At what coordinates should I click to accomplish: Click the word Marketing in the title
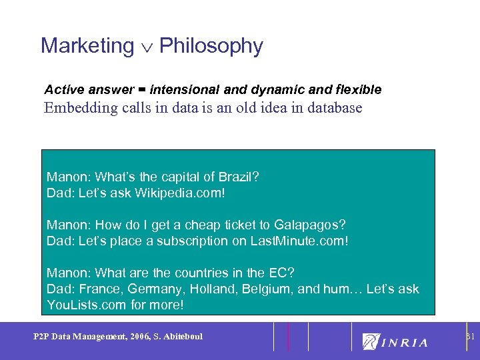coord(87,46)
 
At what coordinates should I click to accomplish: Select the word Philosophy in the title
coord(211,46)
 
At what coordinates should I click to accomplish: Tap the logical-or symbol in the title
coord(147,47)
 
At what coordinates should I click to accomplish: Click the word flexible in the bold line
coord(360,89)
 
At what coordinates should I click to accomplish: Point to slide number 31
coord(470,336)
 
